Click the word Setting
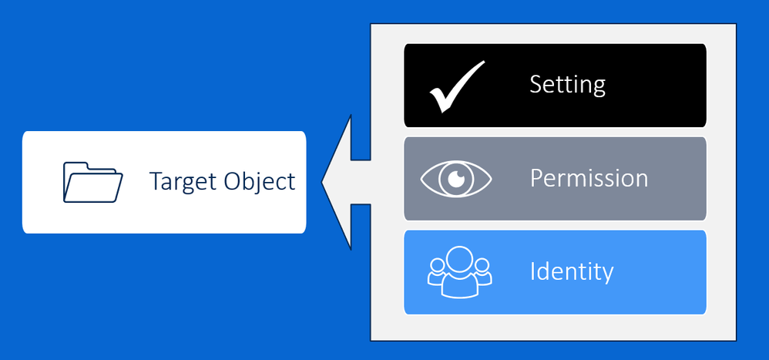(567, 85)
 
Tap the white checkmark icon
(457, 87)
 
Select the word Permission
(589, 178)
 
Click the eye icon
(456, 179)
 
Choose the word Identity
(572, 271)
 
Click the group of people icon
(459, 271)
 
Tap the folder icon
(92, 182)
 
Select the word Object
(260, 181)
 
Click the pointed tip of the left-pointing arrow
(322, 182)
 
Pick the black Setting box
(555, 86)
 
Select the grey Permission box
(555, 179)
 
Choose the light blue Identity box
(555, 272)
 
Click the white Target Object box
(164, 182)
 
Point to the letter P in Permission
(537, 178)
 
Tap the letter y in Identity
(607, 275)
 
